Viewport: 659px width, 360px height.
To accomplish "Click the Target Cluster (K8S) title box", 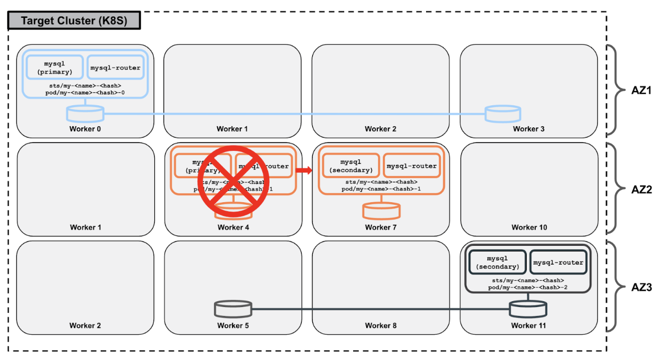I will point(74,21).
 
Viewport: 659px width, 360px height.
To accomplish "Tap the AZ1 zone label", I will point(641,90).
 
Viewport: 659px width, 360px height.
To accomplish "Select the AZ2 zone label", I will point(641,189).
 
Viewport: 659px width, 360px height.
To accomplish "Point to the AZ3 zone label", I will point(641,287).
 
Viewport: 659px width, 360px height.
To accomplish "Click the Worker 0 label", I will point(85,129).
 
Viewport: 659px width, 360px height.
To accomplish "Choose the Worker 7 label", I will point(381,227).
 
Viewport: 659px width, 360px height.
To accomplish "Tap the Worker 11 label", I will point(528,325).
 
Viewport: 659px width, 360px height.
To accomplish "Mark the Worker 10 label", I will point(529,227).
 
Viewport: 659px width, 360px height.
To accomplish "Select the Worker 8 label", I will point(381,325).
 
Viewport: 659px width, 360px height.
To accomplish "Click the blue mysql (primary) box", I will point(55,68).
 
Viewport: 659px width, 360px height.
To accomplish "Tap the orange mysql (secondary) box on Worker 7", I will point(350,166).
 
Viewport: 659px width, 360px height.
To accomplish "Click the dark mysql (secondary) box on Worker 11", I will point(497,263).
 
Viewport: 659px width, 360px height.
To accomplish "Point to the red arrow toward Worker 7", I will point(304,170).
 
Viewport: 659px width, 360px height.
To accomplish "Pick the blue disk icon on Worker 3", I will point(502,114).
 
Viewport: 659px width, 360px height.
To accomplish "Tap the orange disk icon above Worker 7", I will point(381,211).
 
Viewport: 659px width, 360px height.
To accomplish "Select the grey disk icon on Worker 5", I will point(233,309).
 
